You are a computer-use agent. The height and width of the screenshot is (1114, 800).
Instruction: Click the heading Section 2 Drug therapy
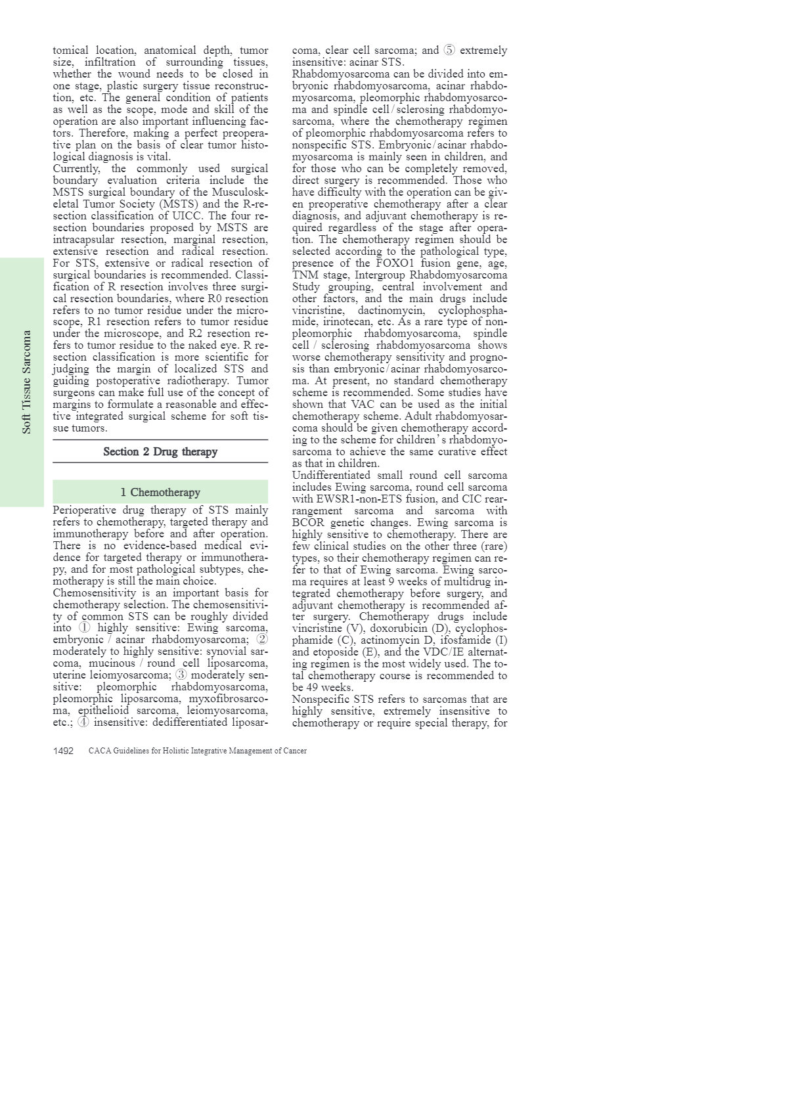tap(160, 452)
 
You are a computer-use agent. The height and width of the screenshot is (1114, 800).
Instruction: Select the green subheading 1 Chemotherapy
tap(160, 493)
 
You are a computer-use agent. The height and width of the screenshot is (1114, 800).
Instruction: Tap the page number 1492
tap(63, 751)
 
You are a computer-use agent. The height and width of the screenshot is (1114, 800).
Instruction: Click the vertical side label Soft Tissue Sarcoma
tap(26, 382)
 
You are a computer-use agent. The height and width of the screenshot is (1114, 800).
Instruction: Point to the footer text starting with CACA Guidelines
tap(197, 751)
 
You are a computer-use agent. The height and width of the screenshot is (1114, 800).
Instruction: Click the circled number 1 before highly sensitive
tap(84, 628)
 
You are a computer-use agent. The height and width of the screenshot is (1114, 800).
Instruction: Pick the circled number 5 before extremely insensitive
tap(449, 51)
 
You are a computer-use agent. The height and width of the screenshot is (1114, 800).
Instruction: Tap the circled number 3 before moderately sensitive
tap(181, 675)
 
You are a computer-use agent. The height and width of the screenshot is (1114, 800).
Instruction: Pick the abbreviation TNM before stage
tap(304, 275)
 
